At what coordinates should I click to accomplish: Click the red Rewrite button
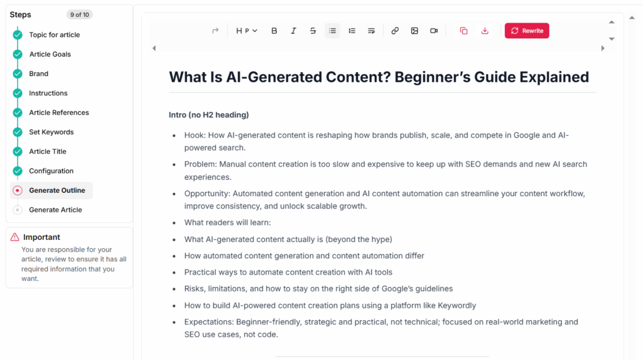coord(527,31)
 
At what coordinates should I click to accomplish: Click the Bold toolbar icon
coord(274,31)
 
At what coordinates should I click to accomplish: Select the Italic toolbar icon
coord(293,31)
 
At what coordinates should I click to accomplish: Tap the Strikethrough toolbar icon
coord(313,31)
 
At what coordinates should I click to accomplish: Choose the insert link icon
coord(395,31)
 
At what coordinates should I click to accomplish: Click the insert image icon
coord(414,31)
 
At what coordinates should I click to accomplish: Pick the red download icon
coord(485,31)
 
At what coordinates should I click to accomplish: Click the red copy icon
coord(463,31)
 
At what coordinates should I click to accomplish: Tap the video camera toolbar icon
coord(434,31)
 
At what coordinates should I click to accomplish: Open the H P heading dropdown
coord(247,31)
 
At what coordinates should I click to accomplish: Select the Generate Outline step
coord(57,190)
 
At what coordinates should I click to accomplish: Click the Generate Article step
coord(55,210)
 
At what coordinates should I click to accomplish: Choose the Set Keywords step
coord(51,132)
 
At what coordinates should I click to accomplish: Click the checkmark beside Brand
coord(18,74)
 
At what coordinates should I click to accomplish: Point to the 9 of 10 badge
coord(79,14)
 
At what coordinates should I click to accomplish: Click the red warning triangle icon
coord(15,237)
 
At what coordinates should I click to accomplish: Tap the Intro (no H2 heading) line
coord(208,115)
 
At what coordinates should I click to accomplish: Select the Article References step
coord(58,112)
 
